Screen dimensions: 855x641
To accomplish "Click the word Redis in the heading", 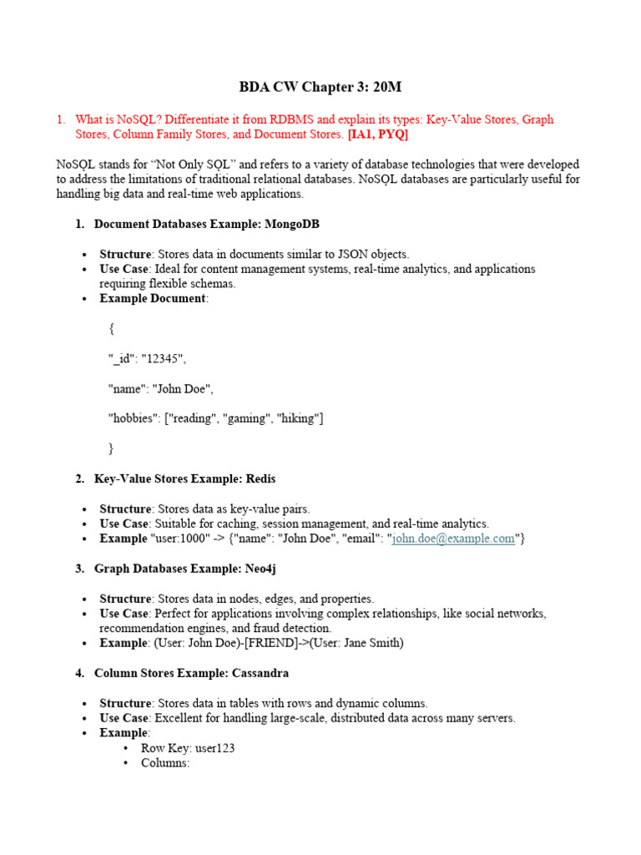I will pyautogui.click(x=260, y=478).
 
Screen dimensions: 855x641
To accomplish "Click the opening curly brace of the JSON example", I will pyautogui.click(x=112, y=328).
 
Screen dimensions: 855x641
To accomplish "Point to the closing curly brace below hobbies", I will pyautogui.click(x=112, y=448).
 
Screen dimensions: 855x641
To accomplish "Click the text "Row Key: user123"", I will pyautogui.click(x=188, y=748).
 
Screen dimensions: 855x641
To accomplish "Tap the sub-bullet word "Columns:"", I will pyautogui.click(x=166, y=763).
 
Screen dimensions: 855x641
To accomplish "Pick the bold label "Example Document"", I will pyautogui.click(x=152, y=298).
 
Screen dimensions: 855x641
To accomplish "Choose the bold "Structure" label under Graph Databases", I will pyautogui.click(x=125, y=599).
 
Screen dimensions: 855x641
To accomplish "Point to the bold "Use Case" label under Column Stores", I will pyautogui.click(x=124, y=718).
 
